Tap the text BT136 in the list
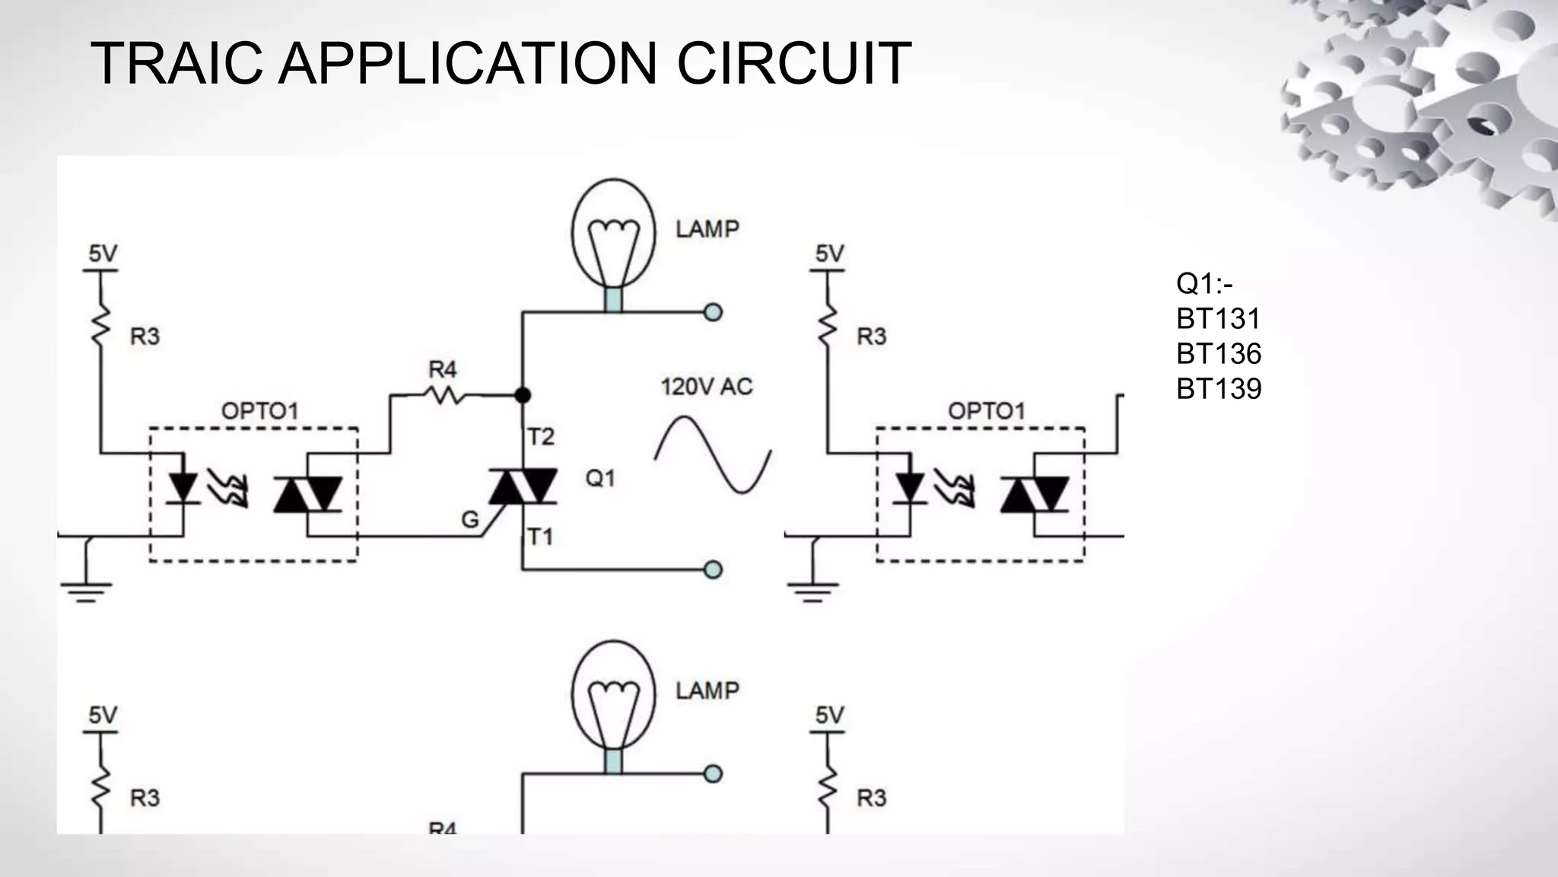(1218, 354)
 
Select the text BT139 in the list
(1218, 389)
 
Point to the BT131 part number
(1218, 319)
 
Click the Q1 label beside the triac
(599, 478)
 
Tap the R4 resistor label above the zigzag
(442, 370)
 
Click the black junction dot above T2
(523, 395)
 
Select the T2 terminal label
(541, 437)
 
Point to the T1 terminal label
(540, 537)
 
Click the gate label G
(470, 520)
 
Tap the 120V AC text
(706, 387)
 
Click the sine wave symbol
(713, 455)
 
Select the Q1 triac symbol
(523, 486)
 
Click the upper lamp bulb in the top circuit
(613, 232)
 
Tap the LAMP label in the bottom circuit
(707, 691)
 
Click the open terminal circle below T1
(713, 569)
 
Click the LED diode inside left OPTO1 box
(183, 487)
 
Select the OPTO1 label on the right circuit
(986, 412)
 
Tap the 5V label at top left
(103, 254)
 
